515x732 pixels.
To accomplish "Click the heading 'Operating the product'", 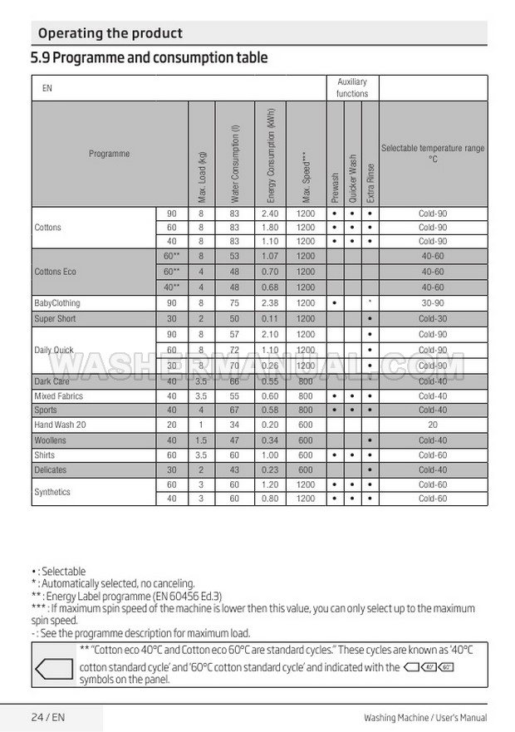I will click(110, 33).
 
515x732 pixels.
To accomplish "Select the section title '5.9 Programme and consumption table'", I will click(149, 58).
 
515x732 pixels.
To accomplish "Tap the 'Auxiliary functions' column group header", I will click(352, 88).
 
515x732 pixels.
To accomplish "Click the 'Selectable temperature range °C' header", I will click(433, 153).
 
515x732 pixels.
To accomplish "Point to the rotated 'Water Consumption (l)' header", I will click(236, 163).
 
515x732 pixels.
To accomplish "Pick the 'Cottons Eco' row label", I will click(56, 272).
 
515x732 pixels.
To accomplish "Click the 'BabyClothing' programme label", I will click(57, 303).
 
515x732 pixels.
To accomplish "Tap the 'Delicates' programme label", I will click(50, 470).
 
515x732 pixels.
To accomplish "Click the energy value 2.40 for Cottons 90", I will click(269, 214).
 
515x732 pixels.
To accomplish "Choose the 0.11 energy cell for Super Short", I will click(269, 319).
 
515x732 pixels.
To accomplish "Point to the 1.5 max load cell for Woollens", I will click(200, 440).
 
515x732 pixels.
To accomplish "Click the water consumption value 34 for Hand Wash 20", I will click(235, 425).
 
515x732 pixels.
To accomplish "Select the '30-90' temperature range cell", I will click(433, 303).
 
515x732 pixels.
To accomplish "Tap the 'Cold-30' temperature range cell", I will click(433, 319).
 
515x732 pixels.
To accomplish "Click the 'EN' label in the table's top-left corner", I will click(47, 88).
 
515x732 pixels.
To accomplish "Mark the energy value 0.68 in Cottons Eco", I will click(269, 287).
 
